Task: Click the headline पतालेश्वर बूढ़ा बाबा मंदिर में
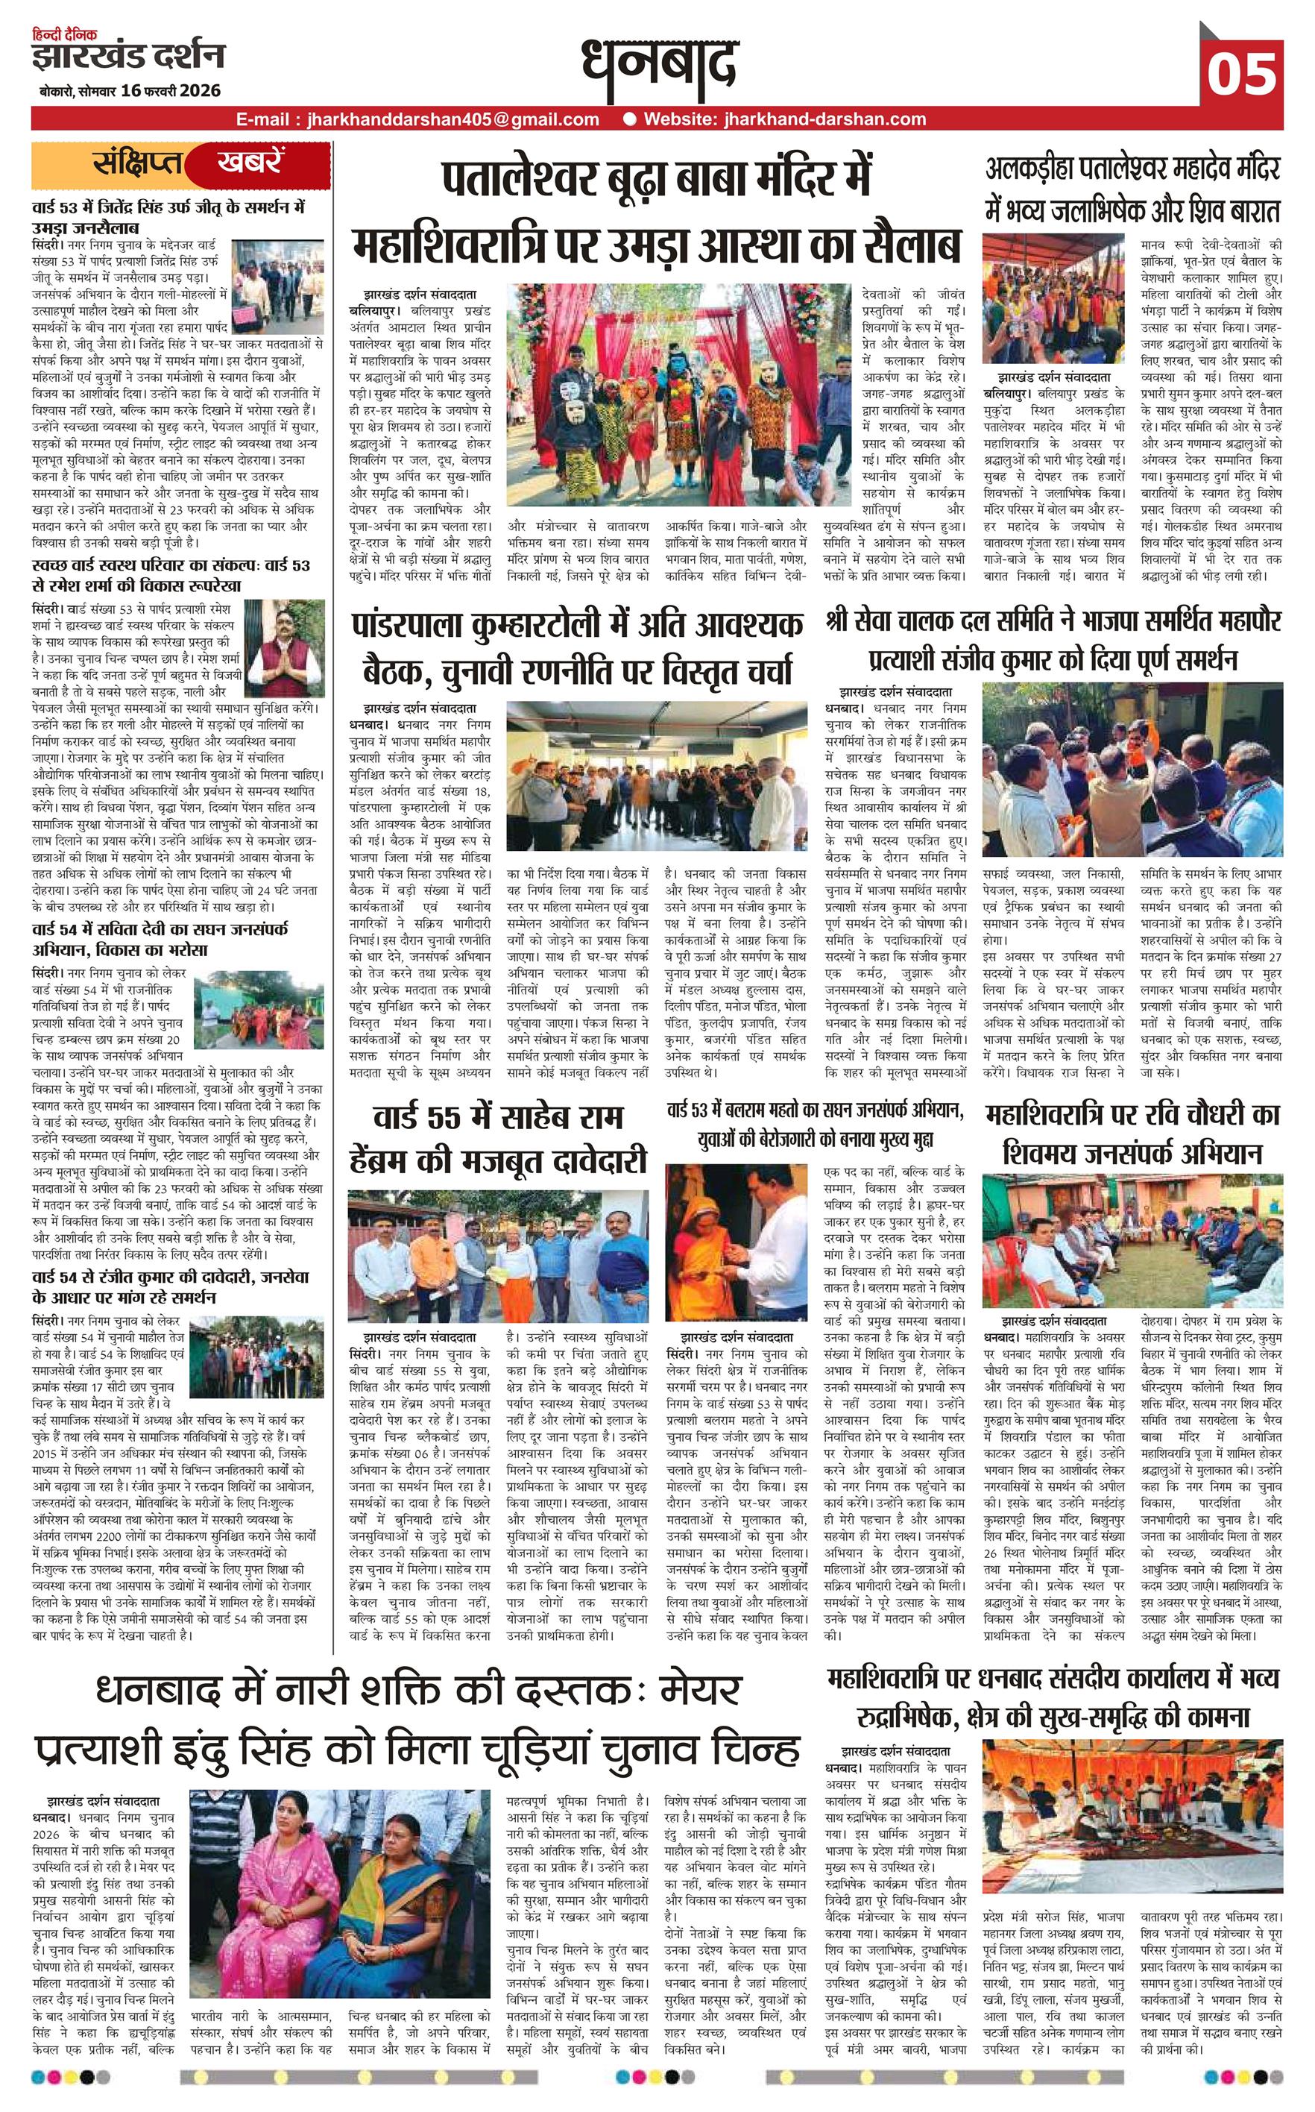[656, 179]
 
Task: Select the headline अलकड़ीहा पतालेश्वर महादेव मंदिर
[1132, 168]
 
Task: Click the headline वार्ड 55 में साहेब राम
[497, 1119]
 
